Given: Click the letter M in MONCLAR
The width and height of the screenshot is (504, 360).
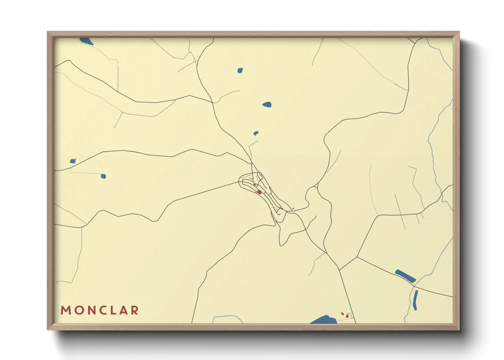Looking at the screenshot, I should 65,310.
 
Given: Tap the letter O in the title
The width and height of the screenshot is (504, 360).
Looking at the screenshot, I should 78,310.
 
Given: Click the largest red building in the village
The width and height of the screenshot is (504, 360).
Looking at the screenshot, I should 259,192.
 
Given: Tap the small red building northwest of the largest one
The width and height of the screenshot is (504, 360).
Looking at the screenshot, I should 255,185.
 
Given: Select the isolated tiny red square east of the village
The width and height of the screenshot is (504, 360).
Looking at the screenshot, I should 293,208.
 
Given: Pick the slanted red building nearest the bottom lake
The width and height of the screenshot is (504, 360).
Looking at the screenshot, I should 343,313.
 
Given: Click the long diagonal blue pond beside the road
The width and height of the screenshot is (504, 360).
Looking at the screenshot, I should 405,276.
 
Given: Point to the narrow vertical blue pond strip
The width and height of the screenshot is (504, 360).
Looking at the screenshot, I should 415,300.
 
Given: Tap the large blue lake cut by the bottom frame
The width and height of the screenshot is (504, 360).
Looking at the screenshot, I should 324,320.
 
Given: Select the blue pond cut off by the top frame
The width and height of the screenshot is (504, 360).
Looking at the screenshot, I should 86,41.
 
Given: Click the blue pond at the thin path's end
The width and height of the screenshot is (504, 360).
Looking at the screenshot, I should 103,176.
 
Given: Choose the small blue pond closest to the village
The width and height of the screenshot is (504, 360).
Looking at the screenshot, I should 256,133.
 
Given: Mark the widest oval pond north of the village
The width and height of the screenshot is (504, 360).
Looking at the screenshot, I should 267,104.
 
